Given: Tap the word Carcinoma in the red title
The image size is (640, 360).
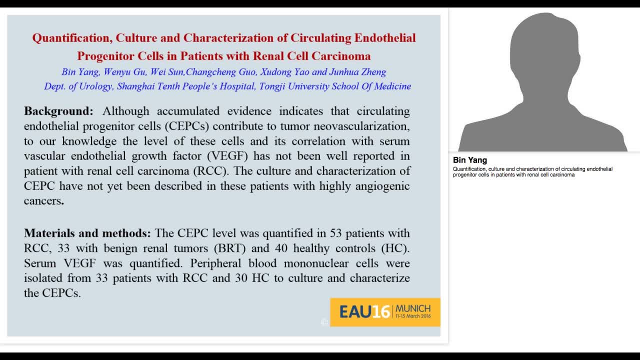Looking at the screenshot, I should coord(341,55).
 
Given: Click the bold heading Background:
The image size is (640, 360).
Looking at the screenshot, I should coord(58,111).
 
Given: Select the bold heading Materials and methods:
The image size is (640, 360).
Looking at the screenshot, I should coord(87,233).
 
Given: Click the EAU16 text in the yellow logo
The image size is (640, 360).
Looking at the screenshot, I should coord(364,312).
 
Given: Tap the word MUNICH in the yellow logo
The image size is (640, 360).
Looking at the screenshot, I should coord(413,308).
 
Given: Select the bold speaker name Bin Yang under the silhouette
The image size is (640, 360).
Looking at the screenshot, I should coord(470,160).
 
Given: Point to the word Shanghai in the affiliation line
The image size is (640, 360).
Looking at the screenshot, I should coord(136,86).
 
